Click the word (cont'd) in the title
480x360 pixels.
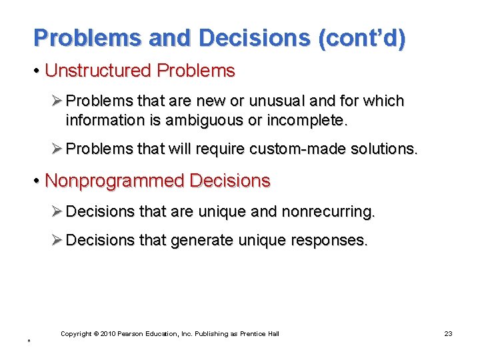pos(361,38)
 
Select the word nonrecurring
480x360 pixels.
pos(329,212)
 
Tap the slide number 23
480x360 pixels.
pos(448,333)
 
